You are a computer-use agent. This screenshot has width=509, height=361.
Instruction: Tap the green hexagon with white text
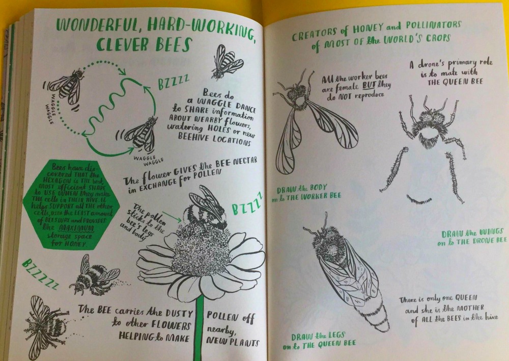[71, 204]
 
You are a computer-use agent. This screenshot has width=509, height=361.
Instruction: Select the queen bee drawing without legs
[346, 270]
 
